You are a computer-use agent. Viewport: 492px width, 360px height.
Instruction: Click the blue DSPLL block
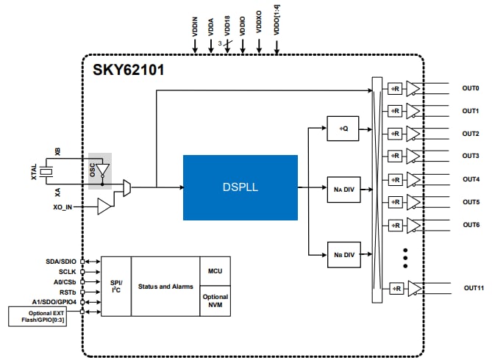[240, 187]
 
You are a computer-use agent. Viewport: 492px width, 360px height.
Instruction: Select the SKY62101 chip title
[128, 71]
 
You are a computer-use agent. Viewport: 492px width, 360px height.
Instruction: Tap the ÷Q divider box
[343, 128]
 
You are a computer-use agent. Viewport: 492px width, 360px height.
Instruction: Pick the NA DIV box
[343, 189]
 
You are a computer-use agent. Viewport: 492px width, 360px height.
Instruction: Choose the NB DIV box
[343, 255]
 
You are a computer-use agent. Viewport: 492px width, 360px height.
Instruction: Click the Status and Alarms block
[165, 286]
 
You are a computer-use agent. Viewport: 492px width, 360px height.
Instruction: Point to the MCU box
[215, 271]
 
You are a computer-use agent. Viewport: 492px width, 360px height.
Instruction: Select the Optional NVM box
[215, 301]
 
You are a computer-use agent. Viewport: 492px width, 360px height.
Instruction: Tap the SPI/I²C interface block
[115, 286]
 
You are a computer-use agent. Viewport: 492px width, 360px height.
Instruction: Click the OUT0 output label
[471, 88]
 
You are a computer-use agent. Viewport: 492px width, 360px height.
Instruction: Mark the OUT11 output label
[473, 288]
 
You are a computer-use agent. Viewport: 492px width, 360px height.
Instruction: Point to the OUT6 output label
[471, 224]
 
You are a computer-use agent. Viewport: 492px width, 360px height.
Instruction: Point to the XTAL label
[34, 172]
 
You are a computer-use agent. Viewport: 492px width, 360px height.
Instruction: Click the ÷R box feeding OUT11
[396, 289]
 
